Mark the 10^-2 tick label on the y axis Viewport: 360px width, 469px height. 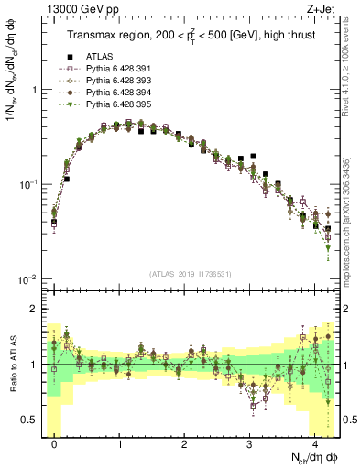(28, 279)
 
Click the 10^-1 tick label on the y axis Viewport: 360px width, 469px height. (28, 185)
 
